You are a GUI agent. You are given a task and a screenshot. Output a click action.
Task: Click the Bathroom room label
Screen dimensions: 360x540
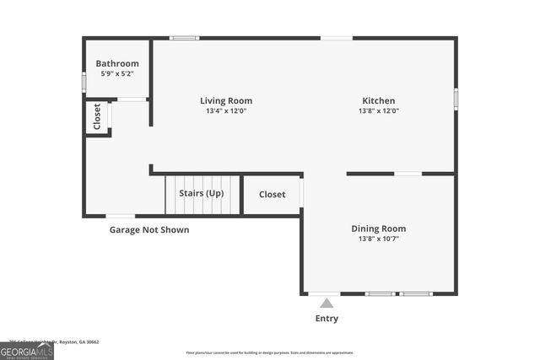pos(117,63)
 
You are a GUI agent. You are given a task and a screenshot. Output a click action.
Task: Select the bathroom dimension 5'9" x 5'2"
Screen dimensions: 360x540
pos(117,74)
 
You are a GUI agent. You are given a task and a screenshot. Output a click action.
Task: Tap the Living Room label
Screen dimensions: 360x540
pos(226,100)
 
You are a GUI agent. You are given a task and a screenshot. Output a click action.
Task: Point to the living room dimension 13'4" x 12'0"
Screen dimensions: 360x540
pos(226,111)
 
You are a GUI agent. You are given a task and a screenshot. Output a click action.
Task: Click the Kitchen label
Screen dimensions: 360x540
pos(379,100)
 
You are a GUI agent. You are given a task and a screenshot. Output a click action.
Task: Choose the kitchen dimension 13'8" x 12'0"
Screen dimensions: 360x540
pos(379,111)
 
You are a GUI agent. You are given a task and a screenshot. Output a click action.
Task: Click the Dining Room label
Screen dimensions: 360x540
pos(379,228)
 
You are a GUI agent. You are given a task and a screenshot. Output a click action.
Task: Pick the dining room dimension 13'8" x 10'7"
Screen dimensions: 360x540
pos(379,239)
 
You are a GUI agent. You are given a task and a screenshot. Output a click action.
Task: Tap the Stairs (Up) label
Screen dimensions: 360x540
pos(202,194)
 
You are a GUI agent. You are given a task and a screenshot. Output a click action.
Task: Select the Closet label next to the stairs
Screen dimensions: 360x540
pos(272,195)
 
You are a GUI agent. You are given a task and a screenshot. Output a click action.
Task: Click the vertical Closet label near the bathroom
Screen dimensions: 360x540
pos(97,116)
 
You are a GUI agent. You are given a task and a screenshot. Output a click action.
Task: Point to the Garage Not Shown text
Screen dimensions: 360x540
pos(149,229)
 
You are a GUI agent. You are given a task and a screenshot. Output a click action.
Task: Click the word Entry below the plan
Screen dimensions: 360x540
pos(327,318)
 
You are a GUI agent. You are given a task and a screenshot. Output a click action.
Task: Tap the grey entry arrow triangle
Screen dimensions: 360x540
pos(327,303)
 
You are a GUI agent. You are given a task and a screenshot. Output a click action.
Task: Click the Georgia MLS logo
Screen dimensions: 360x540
pos(27,349)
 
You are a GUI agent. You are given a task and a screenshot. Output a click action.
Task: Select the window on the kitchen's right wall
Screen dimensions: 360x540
pos(456,99)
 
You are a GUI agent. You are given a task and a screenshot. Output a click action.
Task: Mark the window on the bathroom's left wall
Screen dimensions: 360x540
pos(84,82)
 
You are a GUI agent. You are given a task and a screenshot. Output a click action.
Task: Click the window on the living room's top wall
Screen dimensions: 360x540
pos(184,38)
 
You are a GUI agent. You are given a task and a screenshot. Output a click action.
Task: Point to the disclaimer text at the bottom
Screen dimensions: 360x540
pos(270,352)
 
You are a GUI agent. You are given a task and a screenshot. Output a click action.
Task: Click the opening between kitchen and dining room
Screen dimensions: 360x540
pos(408,174)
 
